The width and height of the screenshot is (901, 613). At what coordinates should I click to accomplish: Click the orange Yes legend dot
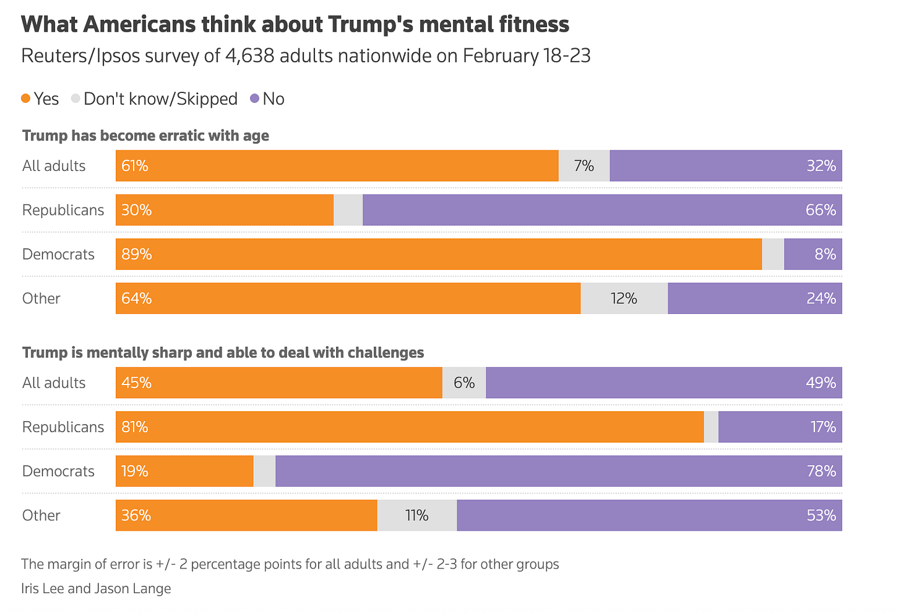25,98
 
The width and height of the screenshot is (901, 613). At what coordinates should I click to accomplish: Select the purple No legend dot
254,98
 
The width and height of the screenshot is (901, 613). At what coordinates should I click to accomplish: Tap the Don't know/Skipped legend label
160,99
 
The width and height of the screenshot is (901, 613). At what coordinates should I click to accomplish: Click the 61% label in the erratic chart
135,166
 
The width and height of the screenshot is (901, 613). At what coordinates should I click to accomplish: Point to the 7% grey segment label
584,166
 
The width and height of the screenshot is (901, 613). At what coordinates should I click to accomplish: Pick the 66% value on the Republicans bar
821,210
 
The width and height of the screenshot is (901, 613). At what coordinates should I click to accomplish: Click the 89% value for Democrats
137,254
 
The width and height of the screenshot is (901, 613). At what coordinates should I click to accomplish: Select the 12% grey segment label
624,298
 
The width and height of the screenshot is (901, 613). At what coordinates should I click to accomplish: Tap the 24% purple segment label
821,298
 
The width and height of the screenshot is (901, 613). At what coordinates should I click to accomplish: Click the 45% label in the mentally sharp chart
137,383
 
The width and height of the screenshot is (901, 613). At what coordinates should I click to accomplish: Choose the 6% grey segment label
464,383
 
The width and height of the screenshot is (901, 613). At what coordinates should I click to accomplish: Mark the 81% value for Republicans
135,427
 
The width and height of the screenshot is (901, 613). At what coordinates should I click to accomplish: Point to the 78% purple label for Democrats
821,471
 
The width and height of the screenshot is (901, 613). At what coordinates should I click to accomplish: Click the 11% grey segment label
417,515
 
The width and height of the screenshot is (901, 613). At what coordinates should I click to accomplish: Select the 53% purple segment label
821,515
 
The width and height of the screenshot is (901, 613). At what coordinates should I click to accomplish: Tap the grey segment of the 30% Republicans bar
348,210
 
